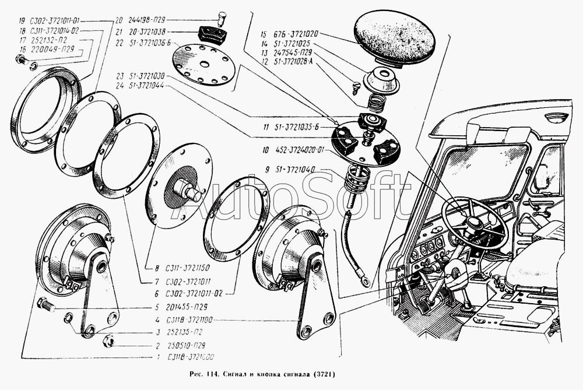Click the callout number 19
click(22, 20)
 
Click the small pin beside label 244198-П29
click(222, 15)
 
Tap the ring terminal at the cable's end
click(365, 282)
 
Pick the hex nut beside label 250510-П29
click(107, 340)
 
